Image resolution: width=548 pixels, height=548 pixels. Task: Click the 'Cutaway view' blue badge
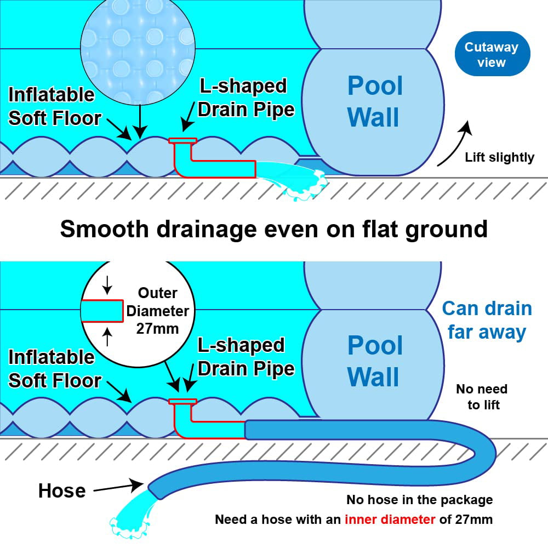click(x=491, y=54)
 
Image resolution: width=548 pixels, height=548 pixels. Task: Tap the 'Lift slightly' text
click(x=499, y=158)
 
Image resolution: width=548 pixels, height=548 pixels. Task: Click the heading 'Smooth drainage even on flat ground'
click(x=273, y=229)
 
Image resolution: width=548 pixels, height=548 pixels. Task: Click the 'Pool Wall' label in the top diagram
click(x=375, y=102)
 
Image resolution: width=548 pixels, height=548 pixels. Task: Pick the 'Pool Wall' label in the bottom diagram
click(x=375, y=362)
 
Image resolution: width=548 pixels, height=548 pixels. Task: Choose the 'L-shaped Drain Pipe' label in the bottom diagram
click(x=246, y=357)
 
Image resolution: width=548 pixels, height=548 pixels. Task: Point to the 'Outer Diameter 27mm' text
click(x=156, y=311)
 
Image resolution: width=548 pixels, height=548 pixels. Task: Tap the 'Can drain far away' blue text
click(x=487, y=320)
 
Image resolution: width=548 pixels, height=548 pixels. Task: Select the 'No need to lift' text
click(x=481, y=397)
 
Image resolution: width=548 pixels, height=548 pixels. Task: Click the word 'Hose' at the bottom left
click(x=61, y=490)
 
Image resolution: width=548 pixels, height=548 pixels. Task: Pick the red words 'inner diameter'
click(x=390, y=519)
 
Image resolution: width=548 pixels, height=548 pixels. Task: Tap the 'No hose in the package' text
click(x=419, y=500)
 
